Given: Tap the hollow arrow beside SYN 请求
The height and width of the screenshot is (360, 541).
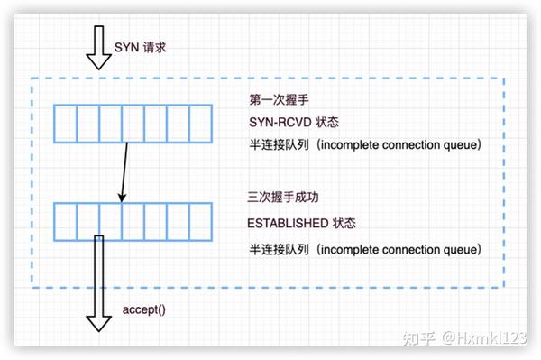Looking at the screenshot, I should coord(97,50).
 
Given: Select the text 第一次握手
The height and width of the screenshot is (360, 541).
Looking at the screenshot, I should coord(271,99).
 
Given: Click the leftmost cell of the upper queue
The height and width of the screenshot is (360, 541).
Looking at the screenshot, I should coord(65,124).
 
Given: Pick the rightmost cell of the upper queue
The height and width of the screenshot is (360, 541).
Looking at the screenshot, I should coord(201,124).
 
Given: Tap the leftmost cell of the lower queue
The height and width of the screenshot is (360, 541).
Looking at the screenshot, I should coord(65,221).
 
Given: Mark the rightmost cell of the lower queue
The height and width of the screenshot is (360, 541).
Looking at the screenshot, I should coord(201,221).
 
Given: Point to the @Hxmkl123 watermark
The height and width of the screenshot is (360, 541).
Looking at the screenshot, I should coord(483,339).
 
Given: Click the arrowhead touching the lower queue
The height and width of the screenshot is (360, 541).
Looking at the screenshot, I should coord(122,197).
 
